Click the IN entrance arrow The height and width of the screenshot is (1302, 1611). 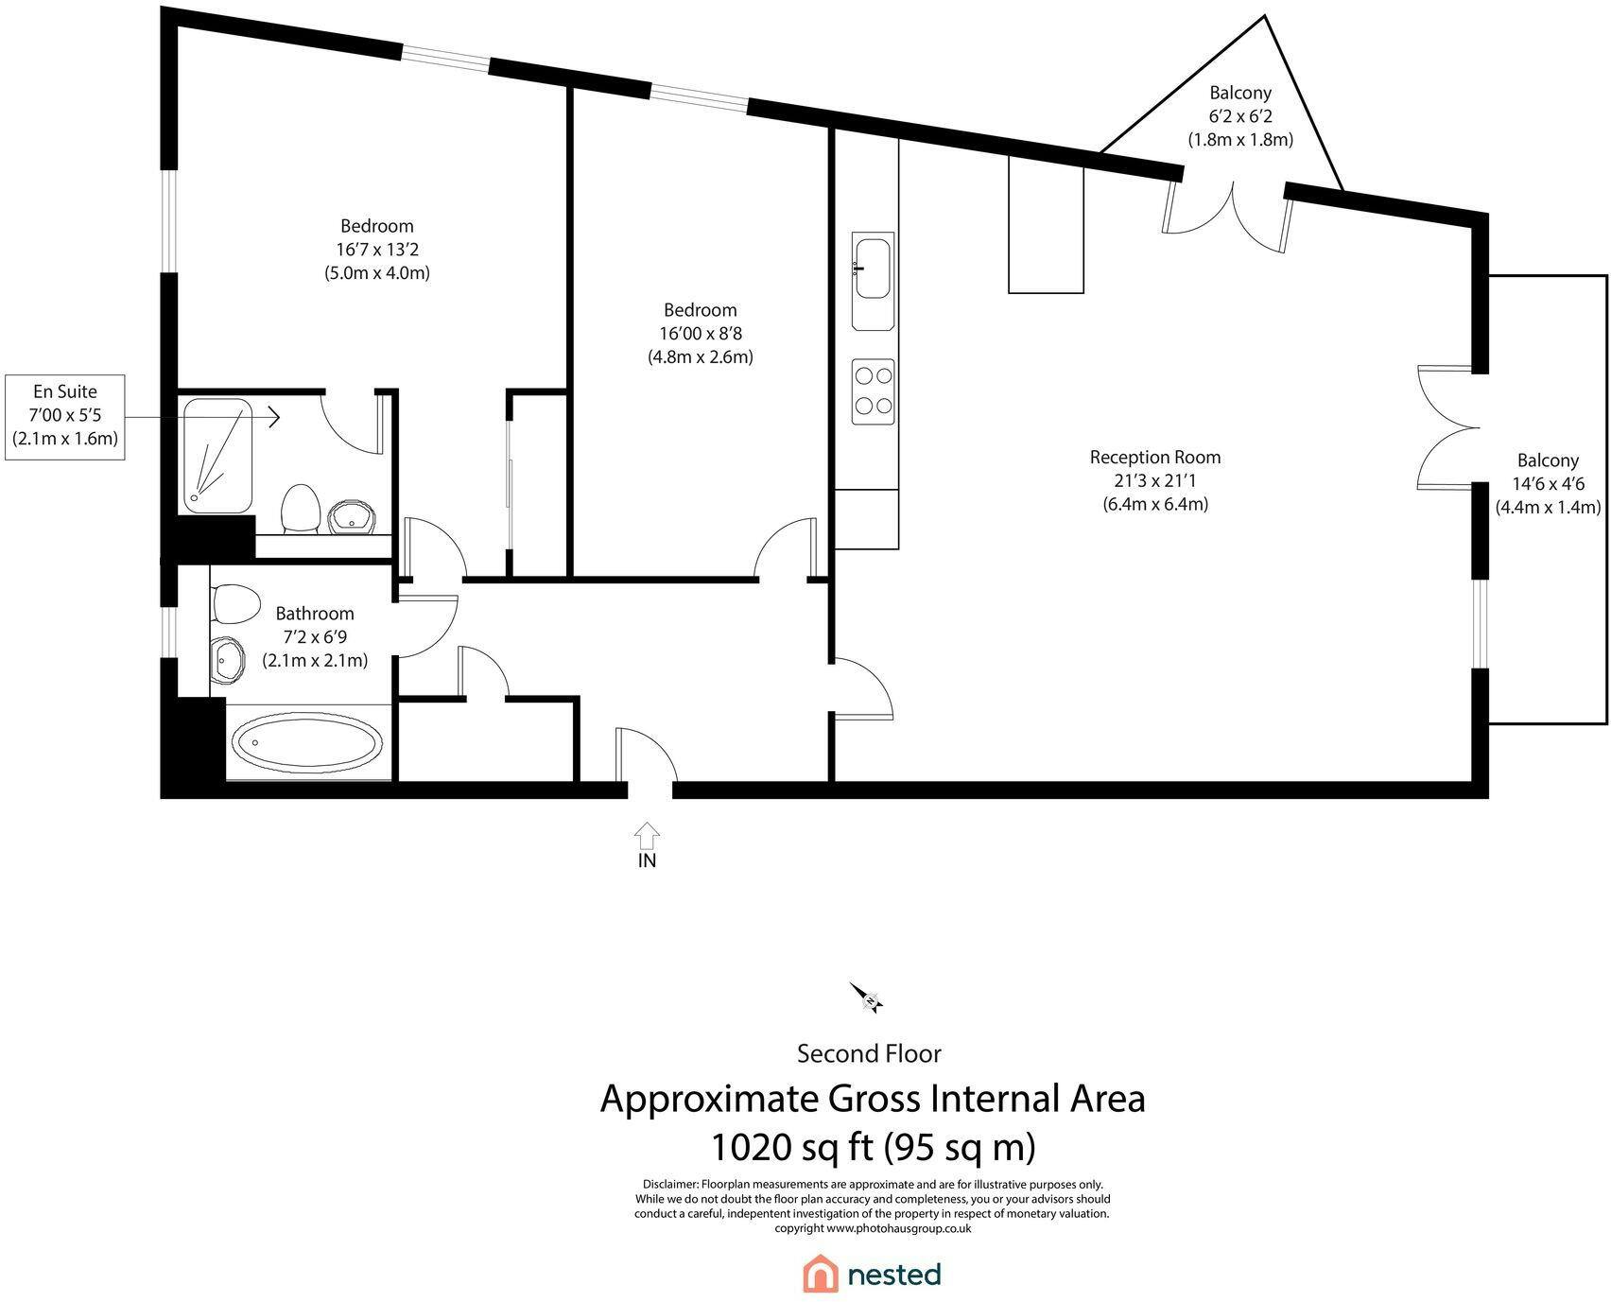[648, 835]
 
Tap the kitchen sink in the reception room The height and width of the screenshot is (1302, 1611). [873, 281]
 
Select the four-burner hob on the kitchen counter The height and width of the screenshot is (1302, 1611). [874, 391]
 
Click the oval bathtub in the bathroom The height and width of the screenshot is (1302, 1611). [308, 742]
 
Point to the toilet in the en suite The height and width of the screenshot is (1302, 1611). [300, 509]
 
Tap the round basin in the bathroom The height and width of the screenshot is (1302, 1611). [228, 660]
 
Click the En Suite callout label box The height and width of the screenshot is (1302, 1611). [65, 416]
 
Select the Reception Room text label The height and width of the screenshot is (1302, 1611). [1155, 458]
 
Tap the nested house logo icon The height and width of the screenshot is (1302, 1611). [821, 1273]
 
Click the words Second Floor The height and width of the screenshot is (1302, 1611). [869, 1053]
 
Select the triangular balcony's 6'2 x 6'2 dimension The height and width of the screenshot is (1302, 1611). [1240, 116]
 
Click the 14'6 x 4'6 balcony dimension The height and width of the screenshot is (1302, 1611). [1549, 484]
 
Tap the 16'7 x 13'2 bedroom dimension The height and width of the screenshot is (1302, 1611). [377, 250]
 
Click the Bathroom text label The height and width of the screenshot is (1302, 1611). [315, 614]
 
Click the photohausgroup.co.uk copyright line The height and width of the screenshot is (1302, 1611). [873, 1228]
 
